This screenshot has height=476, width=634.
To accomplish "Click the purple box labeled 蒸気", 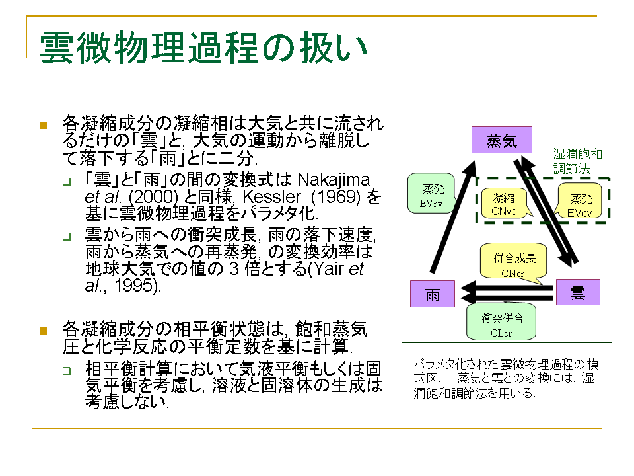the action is [501, 140].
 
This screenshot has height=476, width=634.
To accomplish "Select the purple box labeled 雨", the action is [432, 294].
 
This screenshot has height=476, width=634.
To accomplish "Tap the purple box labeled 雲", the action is [578, 292].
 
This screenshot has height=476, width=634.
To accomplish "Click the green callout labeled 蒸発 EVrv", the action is [431, 194].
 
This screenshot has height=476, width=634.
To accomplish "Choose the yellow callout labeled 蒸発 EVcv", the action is [580, 201].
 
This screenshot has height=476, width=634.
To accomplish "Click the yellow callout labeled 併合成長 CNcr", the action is [514, 262].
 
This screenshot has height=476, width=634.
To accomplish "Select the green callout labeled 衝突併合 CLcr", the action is [501, 323].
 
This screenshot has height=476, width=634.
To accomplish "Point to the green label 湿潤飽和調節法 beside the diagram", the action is [577, 161].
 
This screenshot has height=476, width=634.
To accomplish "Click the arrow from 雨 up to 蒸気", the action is [453, 217].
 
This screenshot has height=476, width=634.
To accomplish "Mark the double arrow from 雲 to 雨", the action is [507, 293].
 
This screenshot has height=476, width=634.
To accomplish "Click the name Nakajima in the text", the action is [334, 180].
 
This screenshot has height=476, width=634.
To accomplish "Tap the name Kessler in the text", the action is [271, 197].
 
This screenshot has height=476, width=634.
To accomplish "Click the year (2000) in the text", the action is [153, 197].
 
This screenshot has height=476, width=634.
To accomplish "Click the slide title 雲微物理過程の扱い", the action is [203, 48].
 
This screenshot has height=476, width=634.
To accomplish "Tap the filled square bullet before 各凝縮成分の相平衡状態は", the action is [44, 331].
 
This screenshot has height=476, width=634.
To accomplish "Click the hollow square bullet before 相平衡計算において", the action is [67, 370].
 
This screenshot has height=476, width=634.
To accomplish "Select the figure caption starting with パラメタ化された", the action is [506, 378].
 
